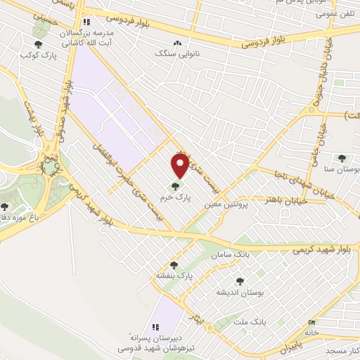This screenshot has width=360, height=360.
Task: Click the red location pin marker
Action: pyautogui.click(x=180, y=165)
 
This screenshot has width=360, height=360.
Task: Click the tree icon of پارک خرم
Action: pyautogui.click(x=174, y=186)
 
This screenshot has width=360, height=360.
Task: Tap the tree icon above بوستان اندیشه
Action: pyautogui.click(x=240, y=281)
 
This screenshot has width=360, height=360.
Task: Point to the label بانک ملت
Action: pyautogui.click(x=250, y=321)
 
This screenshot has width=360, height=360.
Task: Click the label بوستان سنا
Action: pyautogui.click(x=342, y=169)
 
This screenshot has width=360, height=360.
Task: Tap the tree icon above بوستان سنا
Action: pyautogui.click(x=342, y=158)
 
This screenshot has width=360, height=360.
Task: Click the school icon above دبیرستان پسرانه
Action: pyautogui.click(x=156, y=326)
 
